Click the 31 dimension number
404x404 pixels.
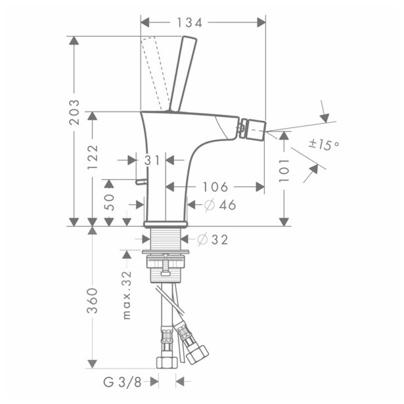coord(152,160)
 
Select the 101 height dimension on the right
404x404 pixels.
coord(284,169)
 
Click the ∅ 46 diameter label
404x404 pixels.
coord(220,206)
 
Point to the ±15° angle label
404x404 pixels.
coord(325,145)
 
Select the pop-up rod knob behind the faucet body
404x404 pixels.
coord(139,181)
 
